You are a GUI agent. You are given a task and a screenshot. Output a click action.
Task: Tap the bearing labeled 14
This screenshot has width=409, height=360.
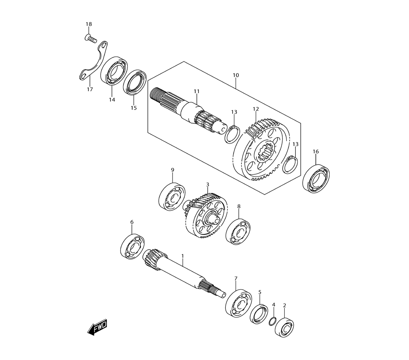click(x=114, y=71)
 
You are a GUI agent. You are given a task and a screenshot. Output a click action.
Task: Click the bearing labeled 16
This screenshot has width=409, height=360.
click(x=316, y=179)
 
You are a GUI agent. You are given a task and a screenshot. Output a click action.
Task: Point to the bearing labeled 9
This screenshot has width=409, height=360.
click(x=172, y=197)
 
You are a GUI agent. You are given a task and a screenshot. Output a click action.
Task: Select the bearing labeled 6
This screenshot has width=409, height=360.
click(x=133, y=247)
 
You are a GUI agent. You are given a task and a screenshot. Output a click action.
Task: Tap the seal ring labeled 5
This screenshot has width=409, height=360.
click(x=259, y=314)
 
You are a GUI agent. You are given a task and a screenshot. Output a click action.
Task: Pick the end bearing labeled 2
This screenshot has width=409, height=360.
click(x=284, y=327)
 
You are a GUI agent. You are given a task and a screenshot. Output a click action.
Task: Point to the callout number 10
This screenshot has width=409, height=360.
click(x=236, y=75)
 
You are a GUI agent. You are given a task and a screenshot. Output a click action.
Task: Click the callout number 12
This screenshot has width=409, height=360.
click(x=256, y=109)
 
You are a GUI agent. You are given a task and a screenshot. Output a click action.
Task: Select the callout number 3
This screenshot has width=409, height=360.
click(x=208, y=184)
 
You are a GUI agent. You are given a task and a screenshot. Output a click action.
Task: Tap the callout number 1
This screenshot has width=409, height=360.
click(x=182, y=256)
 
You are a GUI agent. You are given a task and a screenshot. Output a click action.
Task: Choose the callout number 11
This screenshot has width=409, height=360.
click(x=196, y=91)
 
